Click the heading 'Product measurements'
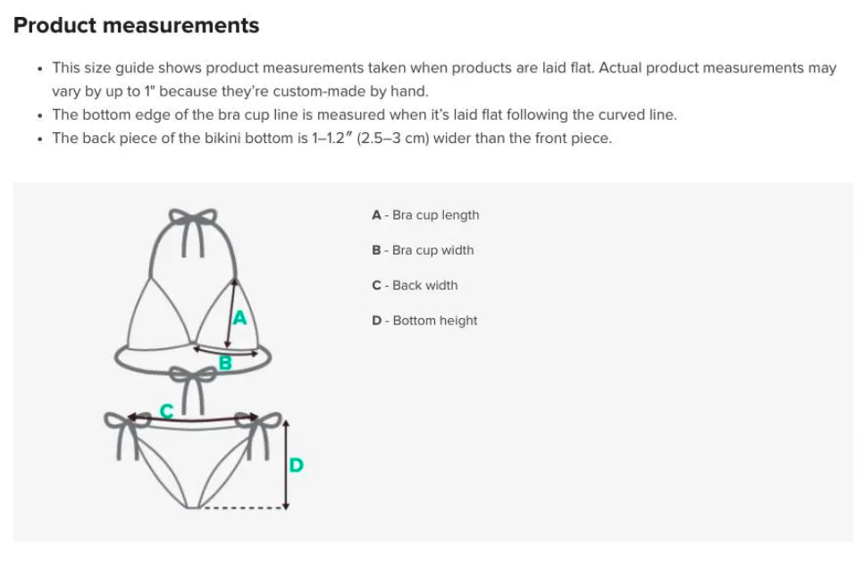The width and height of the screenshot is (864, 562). click(136, 25)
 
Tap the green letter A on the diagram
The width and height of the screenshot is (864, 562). click(239, 318)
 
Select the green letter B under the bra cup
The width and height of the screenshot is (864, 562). click(225, 363)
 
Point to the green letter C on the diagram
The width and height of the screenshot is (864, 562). click(166, 411)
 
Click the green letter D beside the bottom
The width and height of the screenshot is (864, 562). click(296, 465)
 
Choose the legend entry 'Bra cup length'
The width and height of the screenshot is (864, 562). click(425, 214)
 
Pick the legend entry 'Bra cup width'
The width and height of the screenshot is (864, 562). click(423, 250)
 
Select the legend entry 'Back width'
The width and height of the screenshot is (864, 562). click(415, 285)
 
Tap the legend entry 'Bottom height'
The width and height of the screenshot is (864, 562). click(424, 321)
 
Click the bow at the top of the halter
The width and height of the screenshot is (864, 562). click(193, 216)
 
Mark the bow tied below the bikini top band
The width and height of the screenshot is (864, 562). click(192, 376)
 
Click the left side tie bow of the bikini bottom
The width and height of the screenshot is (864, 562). click(127, 422)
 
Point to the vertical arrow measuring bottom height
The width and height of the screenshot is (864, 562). click(285, 464)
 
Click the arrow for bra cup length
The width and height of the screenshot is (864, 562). click(231, 314)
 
